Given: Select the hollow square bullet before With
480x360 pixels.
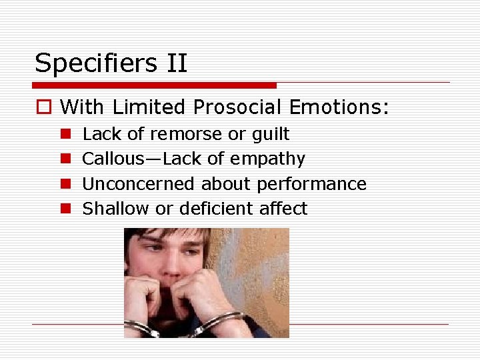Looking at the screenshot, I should [x=45, y=107].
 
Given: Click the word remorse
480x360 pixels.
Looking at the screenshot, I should [x=187, y=134].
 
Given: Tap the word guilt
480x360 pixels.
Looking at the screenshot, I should [x=270, y=135].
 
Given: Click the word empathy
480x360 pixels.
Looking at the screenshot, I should [x=268, y=159].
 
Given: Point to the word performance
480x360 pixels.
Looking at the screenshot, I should [x=312, y=184].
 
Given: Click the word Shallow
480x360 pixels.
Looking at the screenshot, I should [x=115, y=209].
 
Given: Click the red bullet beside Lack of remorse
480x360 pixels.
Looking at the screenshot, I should [x=65, y=134].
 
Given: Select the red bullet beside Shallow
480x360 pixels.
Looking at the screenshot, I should [x=65, y=209].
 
